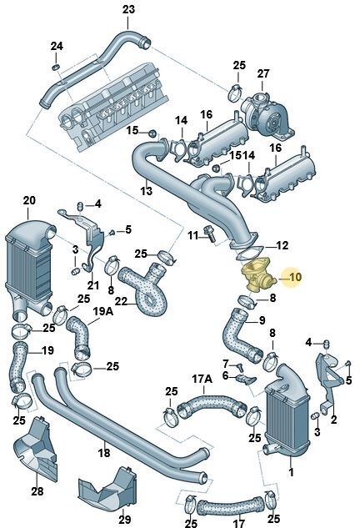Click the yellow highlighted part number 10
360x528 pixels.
click(x=295, y=277)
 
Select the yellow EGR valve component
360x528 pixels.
click(x=258, y=276)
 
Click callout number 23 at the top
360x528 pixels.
click(x=128, y=9)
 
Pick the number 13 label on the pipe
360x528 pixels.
click(x=147, y=191)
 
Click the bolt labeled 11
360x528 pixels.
click(x=209, y=234)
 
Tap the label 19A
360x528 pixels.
click(x=103, y=311)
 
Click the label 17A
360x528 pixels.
click(x=202, y=380)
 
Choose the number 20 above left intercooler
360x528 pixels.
click(x=29, y=200)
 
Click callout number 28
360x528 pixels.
click(x=37, y=491)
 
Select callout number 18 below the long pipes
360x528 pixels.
click(x=104, y=452)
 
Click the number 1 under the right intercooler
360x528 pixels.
click(x=292, y=472)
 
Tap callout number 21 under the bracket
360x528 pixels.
click(x=92, y=285)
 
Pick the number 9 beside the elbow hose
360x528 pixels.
click(x=262, y=320)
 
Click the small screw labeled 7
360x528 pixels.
click(x=240, y=366)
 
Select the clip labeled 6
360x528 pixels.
click(x=246, y=380)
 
